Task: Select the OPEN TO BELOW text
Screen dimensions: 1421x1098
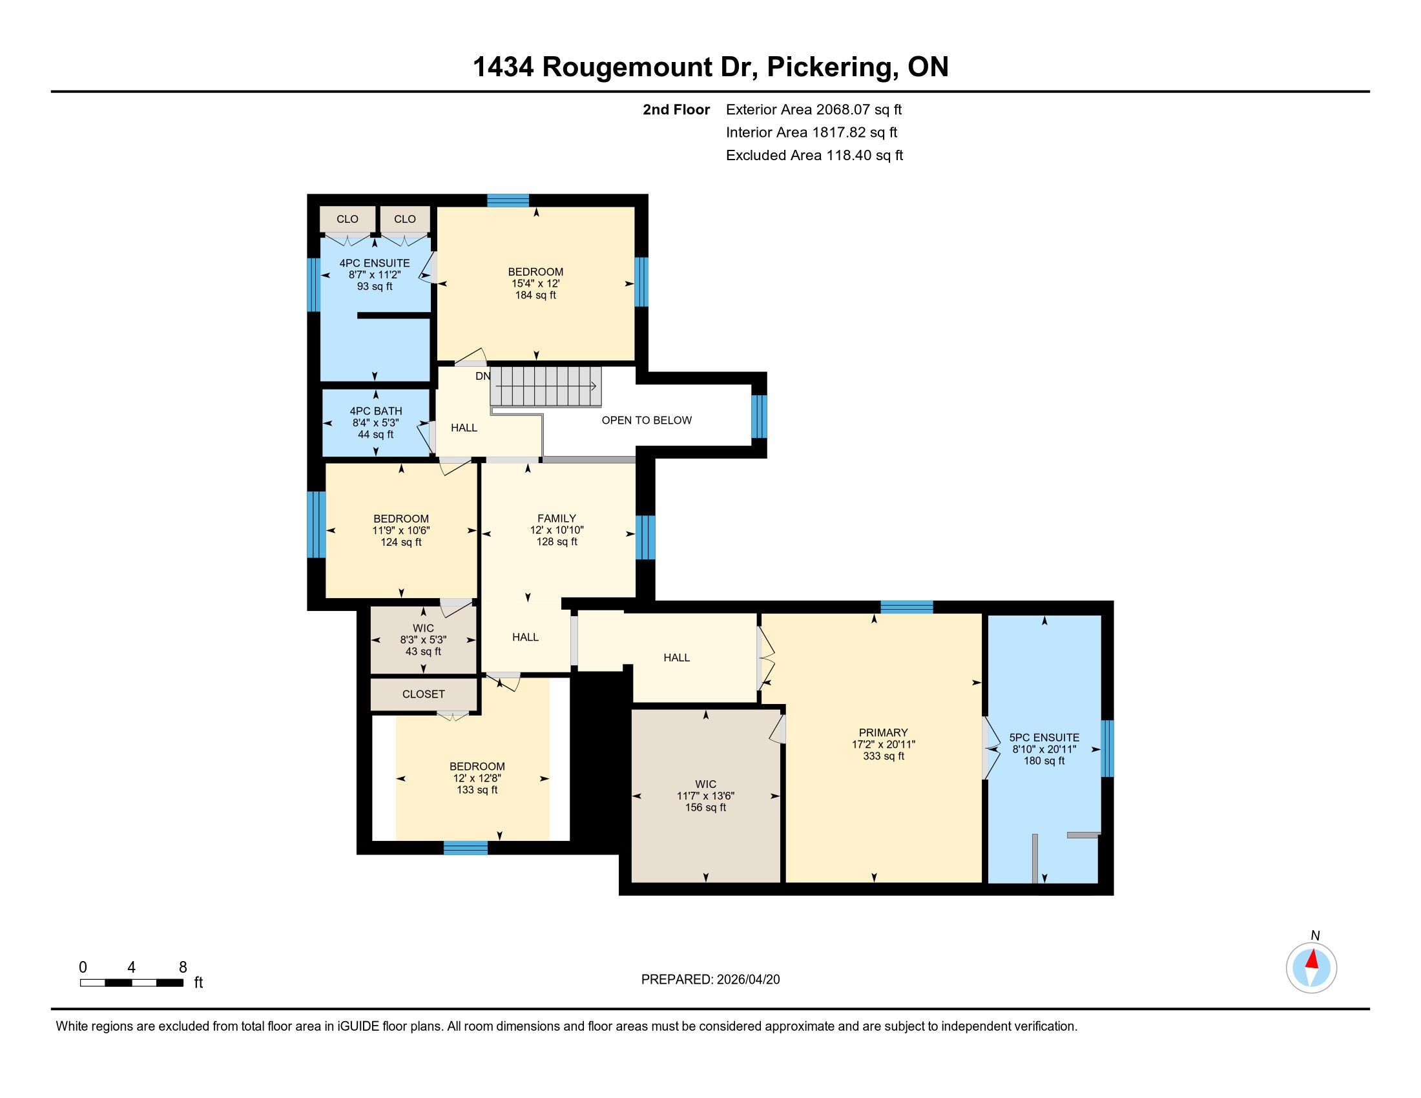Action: (646, 420)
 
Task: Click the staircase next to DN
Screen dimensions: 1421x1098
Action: (545, 386)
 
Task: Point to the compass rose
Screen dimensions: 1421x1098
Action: (1312, 968)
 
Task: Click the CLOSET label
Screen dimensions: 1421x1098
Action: (424, 694)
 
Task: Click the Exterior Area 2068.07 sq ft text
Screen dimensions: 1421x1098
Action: (814, 109)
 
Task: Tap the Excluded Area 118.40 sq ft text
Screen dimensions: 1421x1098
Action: (814, 155)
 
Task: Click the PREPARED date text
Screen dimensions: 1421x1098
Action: (710, 980)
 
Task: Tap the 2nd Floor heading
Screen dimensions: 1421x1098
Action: (676, 109)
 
